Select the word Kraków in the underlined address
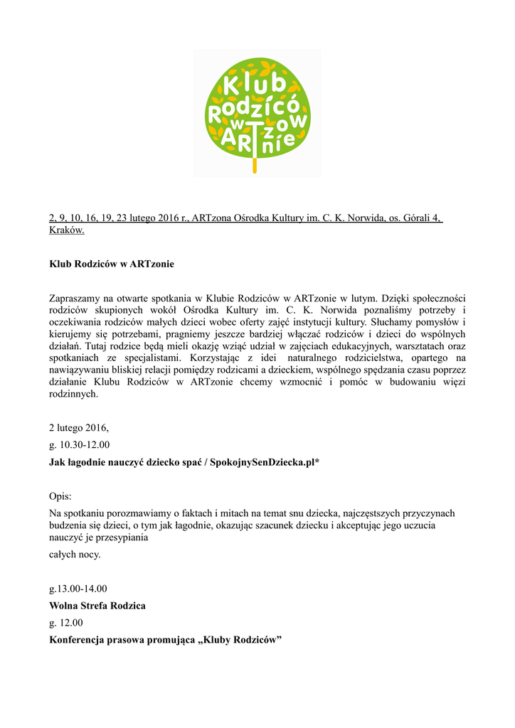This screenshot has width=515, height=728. click(67, 230)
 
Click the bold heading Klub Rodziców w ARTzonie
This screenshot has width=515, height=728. click(111, 264)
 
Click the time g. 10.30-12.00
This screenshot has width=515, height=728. click(79, 445)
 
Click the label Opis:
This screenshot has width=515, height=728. click(60, 496)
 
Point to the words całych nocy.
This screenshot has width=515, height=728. click(75, 555)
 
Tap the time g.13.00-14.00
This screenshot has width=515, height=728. click(78, 589)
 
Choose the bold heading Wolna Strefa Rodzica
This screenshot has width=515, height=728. click(97, 606)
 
